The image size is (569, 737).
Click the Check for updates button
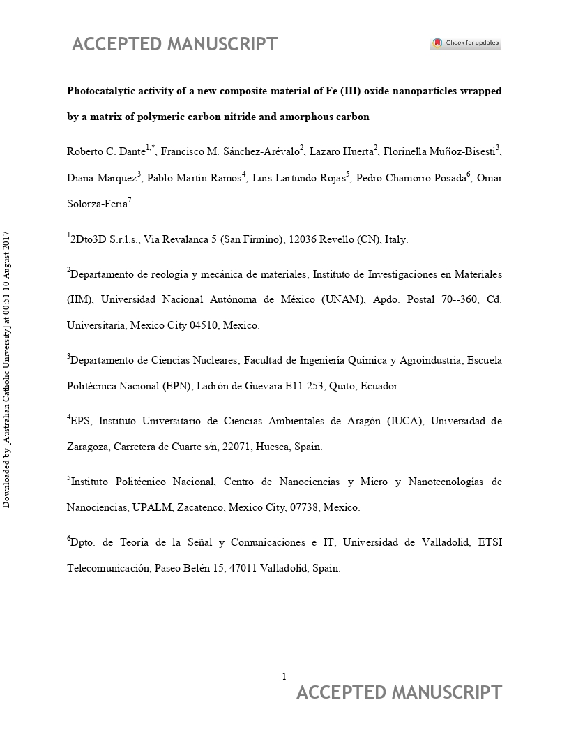pos(465,43)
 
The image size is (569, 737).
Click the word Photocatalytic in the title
pos(99,91)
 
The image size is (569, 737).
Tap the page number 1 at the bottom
pos(284,676)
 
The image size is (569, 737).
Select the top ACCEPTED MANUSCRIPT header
pos(174,44)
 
